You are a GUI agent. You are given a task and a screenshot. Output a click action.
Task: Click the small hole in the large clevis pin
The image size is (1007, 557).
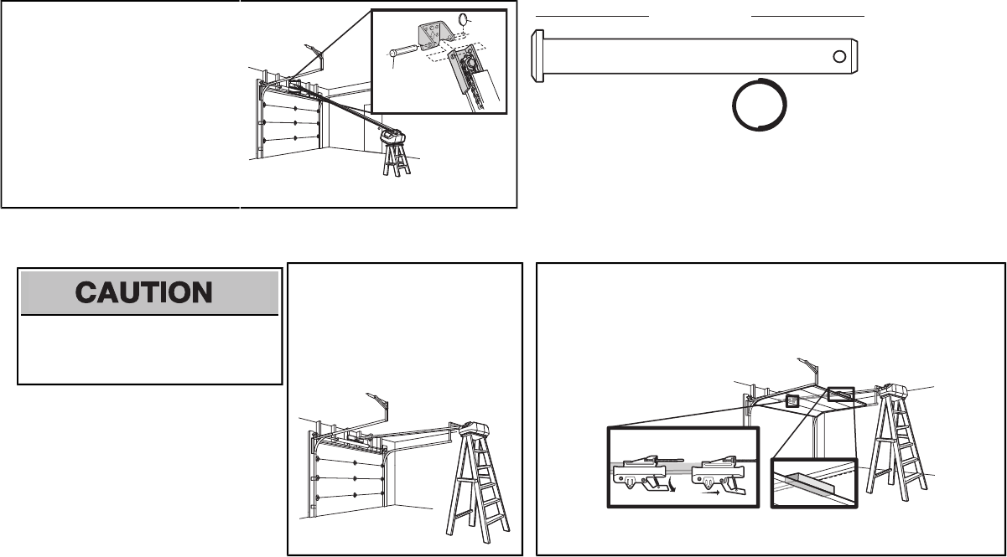click(x=839, y=56)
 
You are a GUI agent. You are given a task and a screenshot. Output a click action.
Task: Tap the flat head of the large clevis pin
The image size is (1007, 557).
click(x=538, y=56)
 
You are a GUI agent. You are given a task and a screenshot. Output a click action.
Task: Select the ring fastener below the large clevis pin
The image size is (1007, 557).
click(x=760, y=106)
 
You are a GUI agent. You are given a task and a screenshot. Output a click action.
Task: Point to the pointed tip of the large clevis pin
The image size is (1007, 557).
click(x=864, y=56)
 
